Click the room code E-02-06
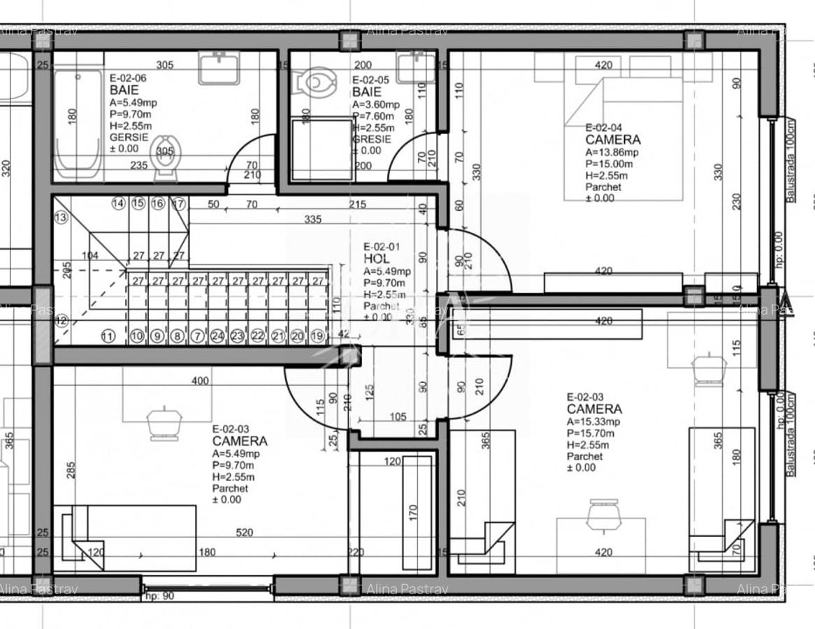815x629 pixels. (x=128, y=78)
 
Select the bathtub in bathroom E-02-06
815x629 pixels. (x=77, y=122)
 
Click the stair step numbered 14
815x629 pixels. (x=118, y=204)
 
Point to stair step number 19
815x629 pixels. (x=317, y=336)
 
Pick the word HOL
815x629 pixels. (x=377, y=259)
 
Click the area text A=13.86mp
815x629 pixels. (x=612, y=152)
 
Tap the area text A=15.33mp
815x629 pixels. (x=593, y=421)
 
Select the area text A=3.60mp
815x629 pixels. (x=376, y=105)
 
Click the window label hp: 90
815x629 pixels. (x=159, y=596)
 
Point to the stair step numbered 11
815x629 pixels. (x=108, y=336)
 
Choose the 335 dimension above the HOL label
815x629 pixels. (x=313, y=219)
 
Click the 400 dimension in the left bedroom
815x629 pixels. (x=201, y=381)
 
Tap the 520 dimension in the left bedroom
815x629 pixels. (x=244, y=533)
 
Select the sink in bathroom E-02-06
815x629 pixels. (x=219, y=68)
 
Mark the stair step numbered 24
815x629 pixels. (x=217, y=336)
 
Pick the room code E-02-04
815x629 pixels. (x=603, y=128)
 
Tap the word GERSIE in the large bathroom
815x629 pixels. (x=129, y=138)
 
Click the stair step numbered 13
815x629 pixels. (x=61, y=218)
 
